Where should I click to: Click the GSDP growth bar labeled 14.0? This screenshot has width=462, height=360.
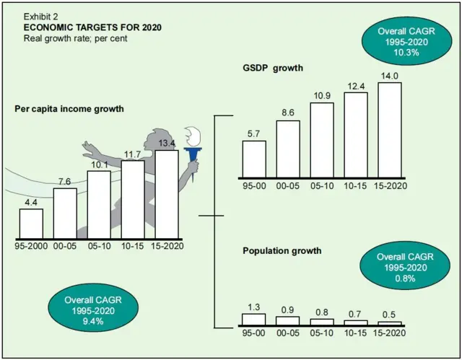point(390,130)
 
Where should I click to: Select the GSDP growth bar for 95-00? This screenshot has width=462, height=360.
point(253,159)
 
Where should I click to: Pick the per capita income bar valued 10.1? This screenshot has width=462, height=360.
point(99,203)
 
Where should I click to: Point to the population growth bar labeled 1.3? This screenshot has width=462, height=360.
point(253,318)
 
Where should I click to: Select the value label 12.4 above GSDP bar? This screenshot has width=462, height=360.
point(356,86)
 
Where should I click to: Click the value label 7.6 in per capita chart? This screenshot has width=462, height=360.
point(65,181)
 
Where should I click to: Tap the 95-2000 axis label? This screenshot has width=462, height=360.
point(32,245)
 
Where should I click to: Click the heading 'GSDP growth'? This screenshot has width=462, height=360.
point(271,67)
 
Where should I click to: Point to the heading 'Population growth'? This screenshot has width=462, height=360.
point(282,251)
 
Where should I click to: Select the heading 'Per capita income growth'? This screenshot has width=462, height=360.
point(69,108)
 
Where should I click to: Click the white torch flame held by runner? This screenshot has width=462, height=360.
point(193,136)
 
